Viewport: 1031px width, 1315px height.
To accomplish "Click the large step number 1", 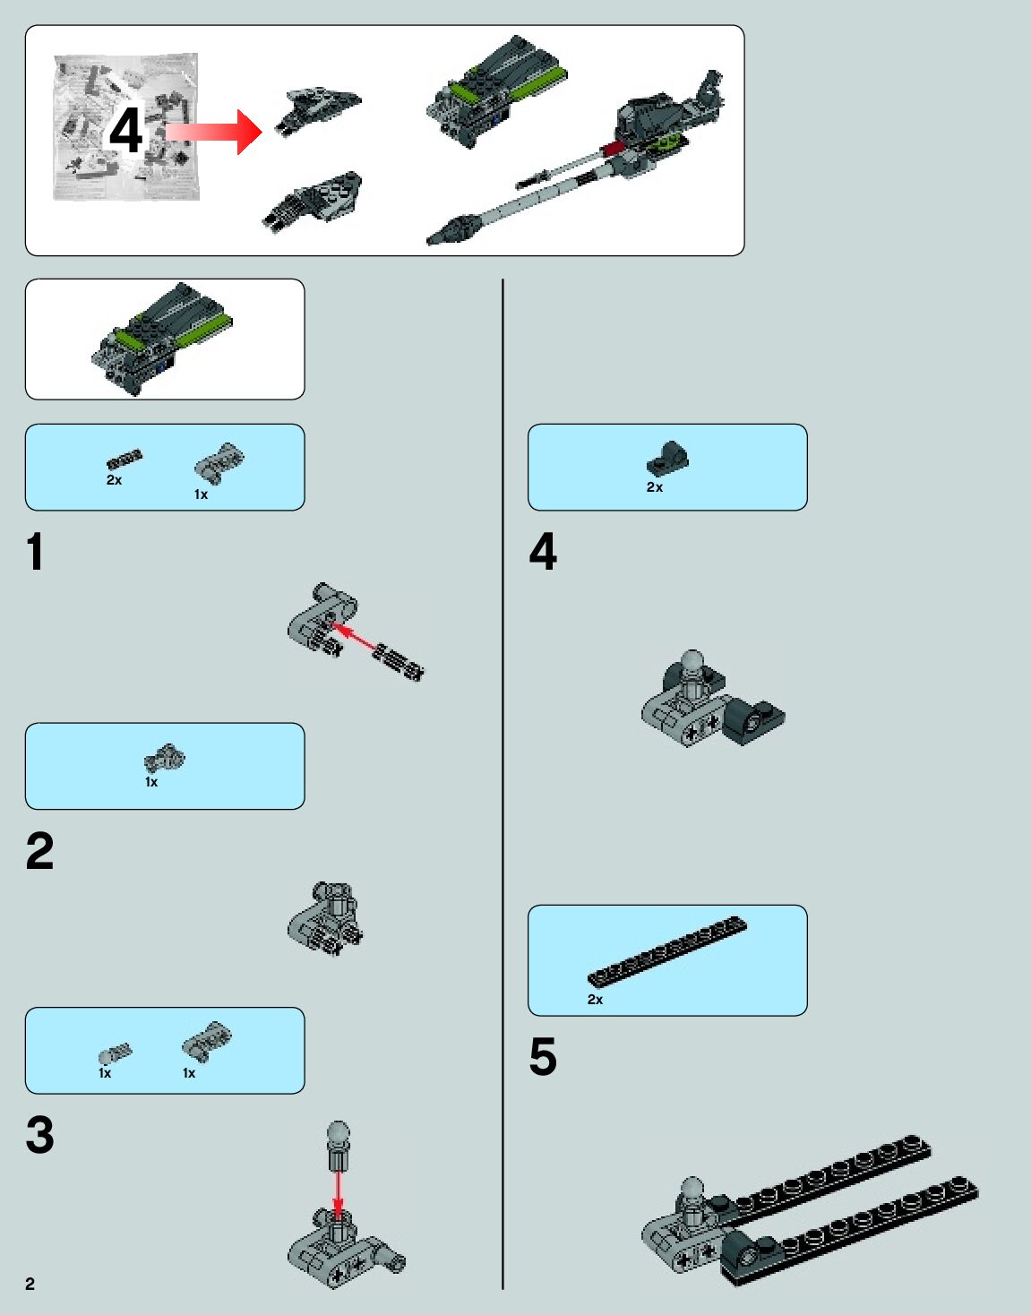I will [x=35, y=552].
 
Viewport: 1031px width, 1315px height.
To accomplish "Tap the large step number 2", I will [x=39, y=851].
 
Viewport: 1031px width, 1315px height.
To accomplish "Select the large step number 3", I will [x=39, y=1135].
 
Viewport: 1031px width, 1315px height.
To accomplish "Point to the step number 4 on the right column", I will [x=543, y=552].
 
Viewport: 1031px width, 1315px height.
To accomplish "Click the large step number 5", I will [x=543, y=1057].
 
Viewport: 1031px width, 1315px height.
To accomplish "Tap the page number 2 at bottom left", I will [x=30, y=1284].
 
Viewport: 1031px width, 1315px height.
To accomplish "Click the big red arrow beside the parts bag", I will [x=215, y=132].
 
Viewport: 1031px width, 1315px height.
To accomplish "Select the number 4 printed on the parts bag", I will [x=125, y=131].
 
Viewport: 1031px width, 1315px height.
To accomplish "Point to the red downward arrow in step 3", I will [x=338, y=1191].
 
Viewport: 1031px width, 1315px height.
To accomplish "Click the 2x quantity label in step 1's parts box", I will [x=114, y=480].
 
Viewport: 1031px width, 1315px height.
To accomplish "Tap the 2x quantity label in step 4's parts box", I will [x=655, y=487].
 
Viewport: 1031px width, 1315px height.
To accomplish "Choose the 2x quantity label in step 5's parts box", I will [x=595, y=1000].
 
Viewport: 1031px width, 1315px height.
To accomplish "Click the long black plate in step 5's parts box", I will [x=667, y=950].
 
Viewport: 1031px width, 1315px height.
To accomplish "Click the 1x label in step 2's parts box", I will [x=151, y=782].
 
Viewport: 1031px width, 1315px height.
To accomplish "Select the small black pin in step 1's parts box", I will [x=124, y=460].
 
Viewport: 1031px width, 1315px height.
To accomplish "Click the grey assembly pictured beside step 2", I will [x=326, y=918].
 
